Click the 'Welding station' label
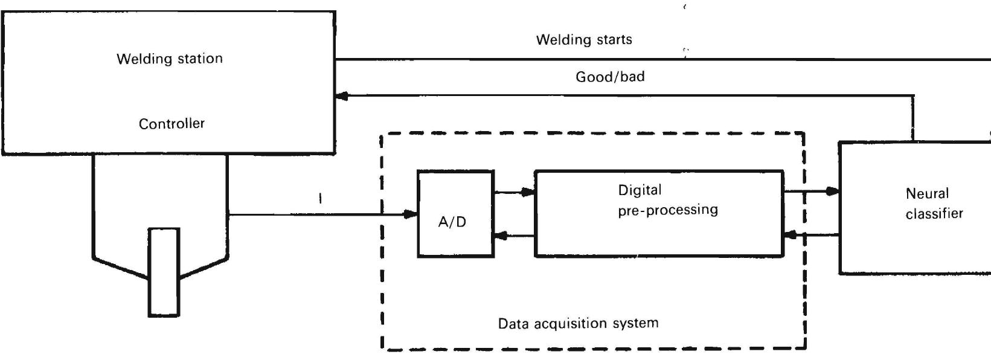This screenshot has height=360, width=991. [x=170, y=59]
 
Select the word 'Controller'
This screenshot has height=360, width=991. [x=172, y=124]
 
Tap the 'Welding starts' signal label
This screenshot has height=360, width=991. [x=584, y=40]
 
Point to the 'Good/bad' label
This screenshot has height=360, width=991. [x=610, y=77]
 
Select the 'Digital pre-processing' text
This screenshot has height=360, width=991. [x=667, y=200]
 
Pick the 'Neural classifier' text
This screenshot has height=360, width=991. [x=934, y=204]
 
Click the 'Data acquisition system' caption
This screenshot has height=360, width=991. [x=578, y=323]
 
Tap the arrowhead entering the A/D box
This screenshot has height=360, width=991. [x=411, y=214]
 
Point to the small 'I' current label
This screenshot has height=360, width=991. [x=320, y=198]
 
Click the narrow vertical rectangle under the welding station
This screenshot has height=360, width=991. [x=164, y=272]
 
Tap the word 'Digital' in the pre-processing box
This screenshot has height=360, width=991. [x=640, y=190]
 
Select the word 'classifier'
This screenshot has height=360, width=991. [x=934, y=214]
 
